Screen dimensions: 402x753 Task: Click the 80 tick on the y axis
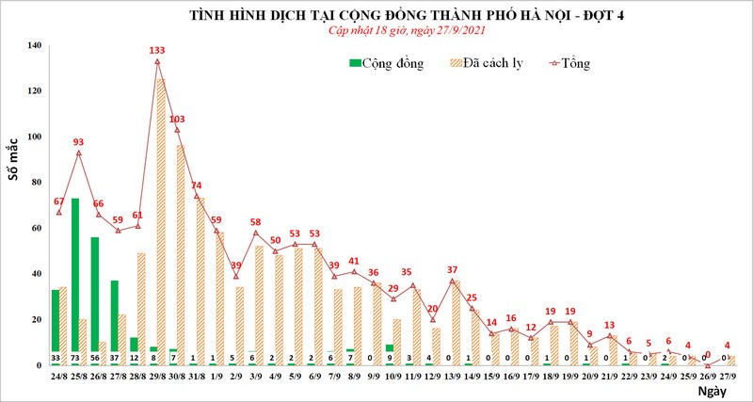[x=35, y=183]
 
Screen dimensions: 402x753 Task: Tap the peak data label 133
[x=157, y=50]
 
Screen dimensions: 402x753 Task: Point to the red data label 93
[x=79, y=142]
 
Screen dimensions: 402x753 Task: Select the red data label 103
[x=177, y=119]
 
